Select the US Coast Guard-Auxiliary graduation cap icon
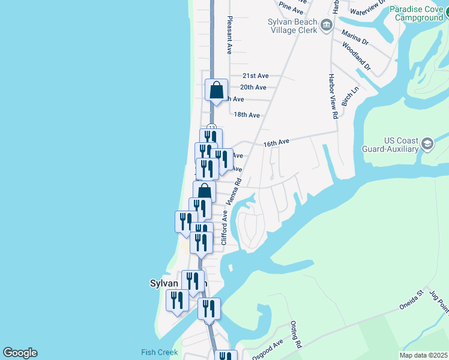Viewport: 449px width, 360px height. pyautogui.click(x=427, y=143)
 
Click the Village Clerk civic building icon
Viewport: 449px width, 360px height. pyautogui.click(x=327, y=25)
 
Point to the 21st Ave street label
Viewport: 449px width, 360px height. pyautogui.click(x=255, y=76)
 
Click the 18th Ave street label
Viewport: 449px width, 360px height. pyautogui.click(x=247, y=115)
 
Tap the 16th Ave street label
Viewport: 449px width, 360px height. pyautogui.click(x=276, y=142)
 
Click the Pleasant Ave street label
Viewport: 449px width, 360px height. pyautogui.click(x=229, y=37)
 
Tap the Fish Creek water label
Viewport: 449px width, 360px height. pyautogui.click(x=160, y=352)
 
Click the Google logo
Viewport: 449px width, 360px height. pyautogui.click(x=20, y=353)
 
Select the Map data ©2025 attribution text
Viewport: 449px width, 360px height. pyautogui.click(x=423, y=355)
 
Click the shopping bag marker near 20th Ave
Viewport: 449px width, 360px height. pyautogui.click(x=216, y=90)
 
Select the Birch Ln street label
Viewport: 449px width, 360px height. pyautogui.click(x=350, y=96)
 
